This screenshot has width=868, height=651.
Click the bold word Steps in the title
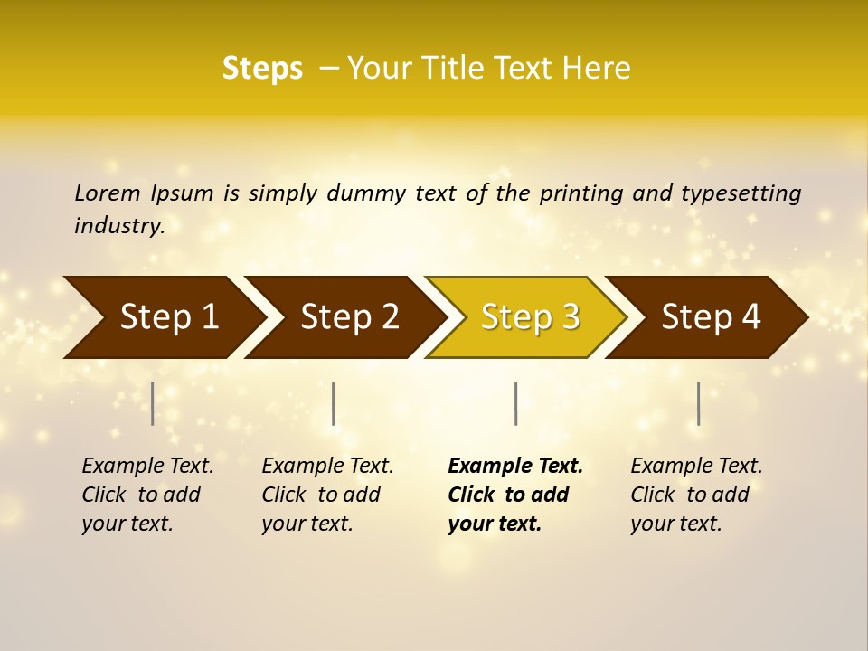point(262,69)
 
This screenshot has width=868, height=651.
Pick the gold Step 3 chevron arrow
point(530,317)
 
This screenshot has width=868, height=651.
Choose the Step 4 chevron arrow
point(711,317)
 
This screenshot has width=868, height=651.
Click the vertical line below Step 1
point(153,403)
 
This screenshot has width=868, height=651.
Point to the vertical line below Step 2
point(334,403)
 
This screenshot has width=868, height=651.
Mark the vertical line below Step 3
point(515,403)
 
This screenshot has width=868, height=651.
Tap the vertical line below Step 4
point(698,403)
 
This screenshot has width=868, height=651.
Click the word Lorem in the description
point(108,193)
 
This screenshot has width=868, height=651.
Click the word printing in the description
point(581,193)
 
